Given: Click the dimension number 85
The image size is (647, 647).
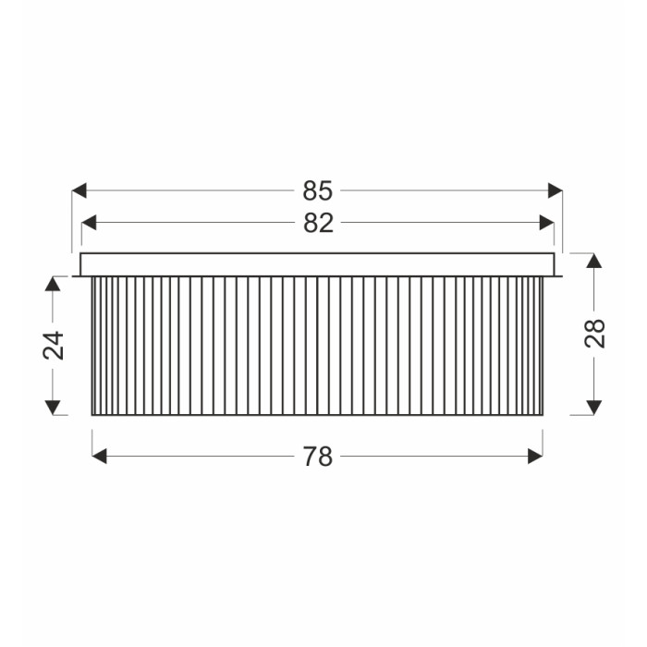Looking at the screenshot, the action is tap(317, 190).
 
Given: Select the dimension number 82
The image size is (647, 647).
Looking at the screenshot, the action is tap(318, 223).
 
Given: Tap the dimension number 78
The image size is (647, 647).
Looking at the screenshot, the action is tap(318, 457).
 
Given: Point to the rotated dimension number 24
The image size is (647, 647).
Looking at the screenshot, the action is tap(54, 346).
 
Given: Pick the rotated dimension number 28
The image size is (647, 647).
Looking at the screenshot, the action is tap(594, 334).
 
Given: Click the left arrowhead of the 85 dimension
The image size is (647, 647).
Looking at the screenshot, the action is tap(79, 190).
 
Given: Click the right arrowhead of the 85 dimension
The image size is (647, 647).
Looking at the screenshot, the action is tap(555, 190).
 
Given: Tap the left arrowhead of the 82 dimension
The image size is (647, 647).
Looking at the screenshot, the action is tap(89, 223).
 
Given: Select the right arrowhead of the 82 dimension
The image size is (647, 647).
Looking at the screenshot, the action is tap(547, 223).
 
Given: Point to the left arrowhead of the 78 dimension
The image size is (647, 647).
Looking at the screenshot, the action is tap(99, 457).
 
